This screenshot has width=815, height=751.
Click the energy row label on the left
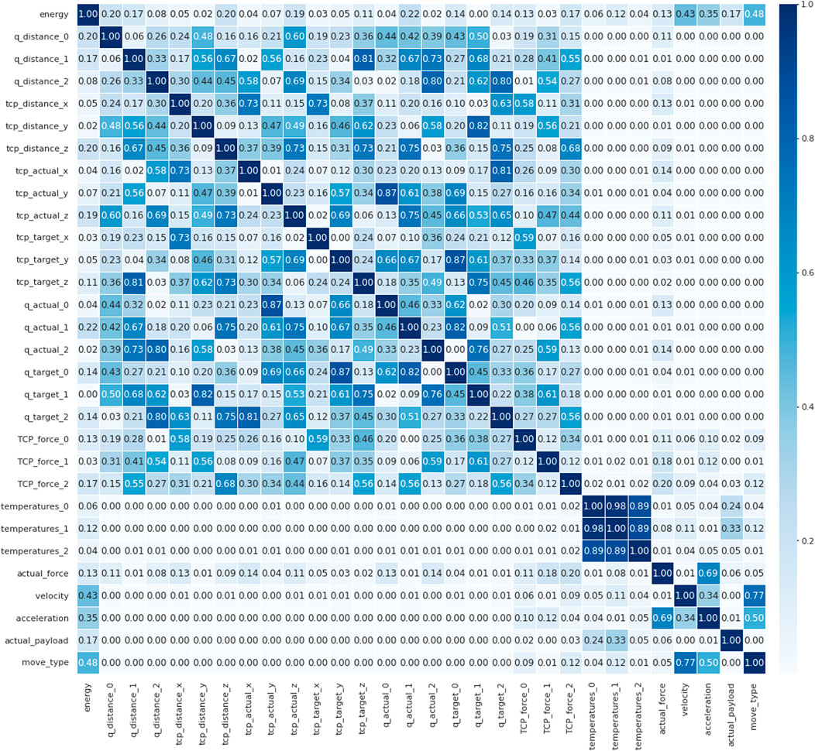tap(54, 15)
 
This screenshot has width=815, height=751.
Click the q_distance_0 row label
tap(47, 36)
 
